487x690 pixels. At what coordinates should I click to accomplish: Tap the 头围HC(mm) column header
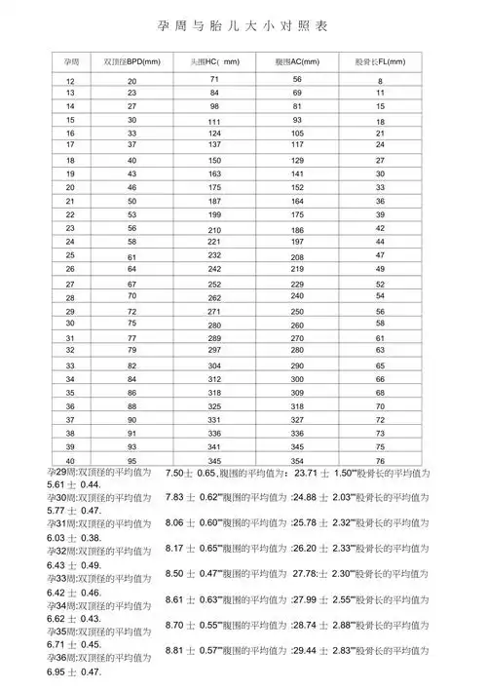pyautogui.click(x=215, y=61)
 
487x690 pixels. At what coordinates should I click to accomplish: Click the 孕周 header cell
pyautogui.click(x=70, y=61)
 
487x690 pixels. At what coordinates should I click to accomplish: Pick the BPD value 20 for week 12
pyautogui.click(x=131, y=80)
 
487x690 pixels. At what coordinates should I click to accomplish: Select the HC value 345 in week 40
pyautogui.click(x=214, y=460)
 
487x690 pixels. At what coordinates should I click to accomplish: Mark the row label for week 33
pyautogui.click(x=70, y=364)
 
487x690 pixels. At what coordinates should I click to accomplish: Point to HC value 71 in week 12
pyautogui.click(x=214, y=78)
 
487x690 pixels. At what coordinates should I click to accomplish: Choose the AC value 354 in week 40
pyautogui.click(x=297, y=460)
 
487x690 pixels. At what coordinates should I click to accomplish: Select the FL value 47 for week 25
pyautogui.click(x=380, y=254)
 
